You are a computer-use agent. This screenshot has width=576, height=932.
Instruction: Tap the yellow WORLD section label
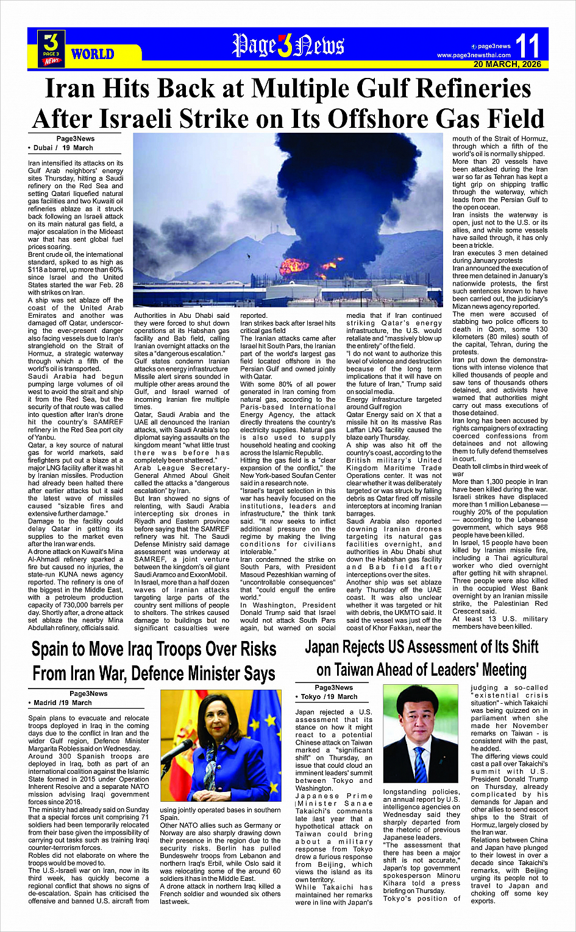[x=93, y=54]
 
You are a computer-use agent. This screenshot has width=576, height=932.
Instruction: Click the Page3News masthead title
[x=288, y=46]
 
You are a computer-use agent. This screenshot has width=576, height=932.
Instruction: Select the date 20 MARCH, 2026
[x=507, y=64]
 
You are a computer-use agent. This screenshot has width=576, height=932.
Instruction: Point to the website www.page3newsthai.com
[x=474, y=55]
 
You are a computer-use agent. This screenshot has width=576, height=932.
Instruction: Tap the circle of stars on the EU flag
[x=268, y=721]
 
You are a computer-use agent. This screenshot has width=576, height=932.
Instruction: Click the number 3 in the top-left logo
[x=51, y=43]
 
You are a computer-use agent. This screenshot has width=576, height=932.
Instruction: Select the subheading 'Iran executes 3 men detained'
[x=500, y=253]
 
